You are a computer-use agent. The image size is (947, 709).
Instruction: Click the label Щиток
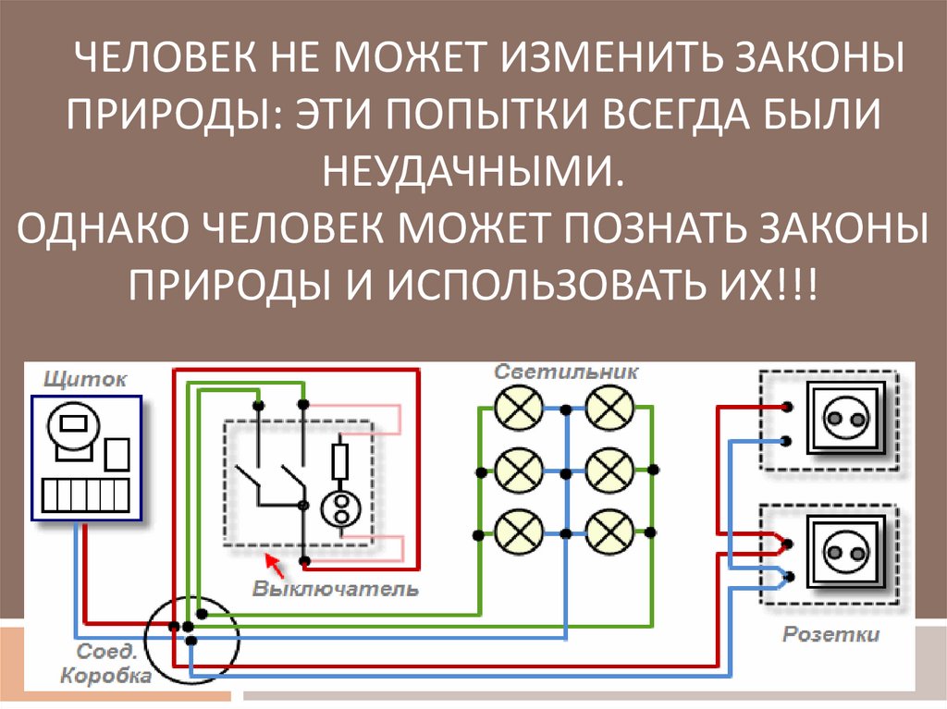(86, 378)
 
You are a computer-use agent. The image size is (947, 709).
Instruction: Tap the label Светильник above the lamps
(567, 372)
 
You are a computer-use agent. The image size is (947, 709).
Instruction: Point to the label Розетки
(831, 635)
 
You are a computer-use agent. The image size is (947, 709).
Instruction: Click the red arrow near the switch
(271, 561)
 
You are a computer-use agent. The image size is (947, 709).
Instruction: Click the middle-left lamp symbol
(514, 471)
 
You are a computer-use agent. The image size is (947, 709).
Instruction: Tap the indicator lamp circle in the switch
(339, 507)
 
